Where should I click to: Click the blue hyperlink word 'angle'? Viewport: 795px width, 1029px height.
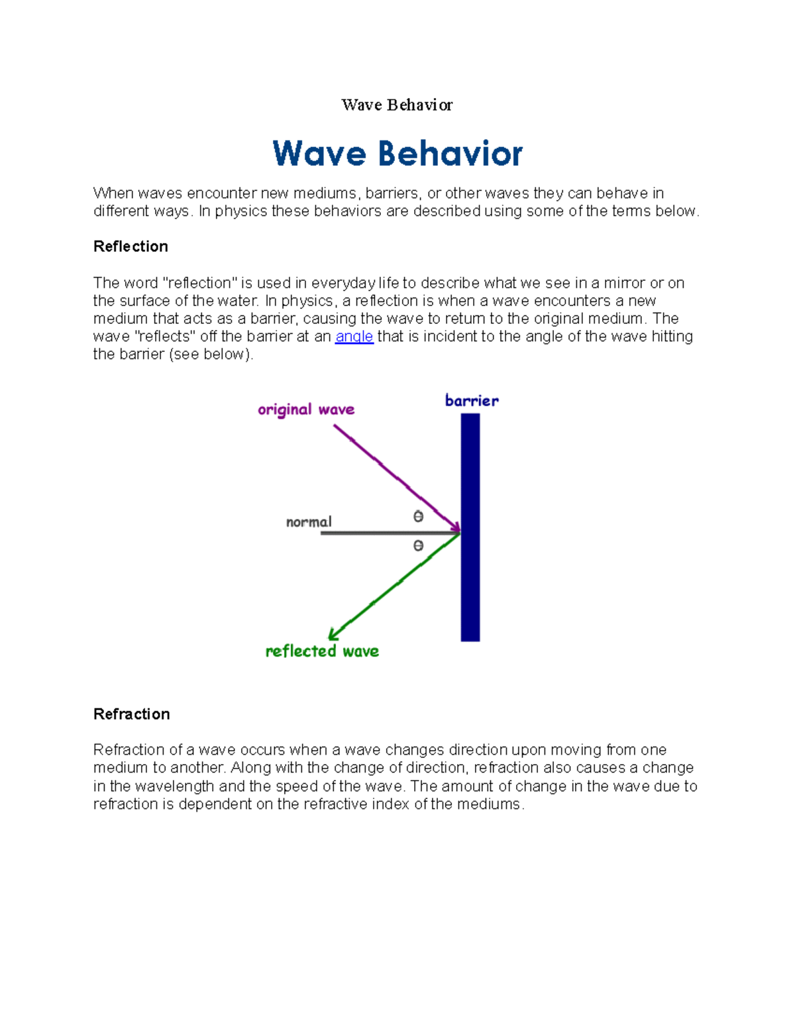[354, 337]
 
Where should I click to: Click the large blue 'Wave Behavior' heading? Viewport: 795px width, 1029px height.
[397, 154]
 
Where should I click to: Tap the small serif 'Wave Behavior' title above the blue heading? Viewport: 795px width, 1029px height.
[397, 105]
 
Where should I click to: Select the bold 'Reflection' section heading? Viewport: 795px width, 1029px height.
[131, 246]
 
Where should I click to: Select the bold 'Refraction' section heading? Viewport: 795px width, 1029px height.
[132, 714]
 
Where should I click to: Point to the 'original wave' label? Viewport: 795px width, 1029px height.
[306, 409]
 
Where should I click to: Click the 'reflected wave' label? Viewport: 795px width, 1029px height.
[322, 651]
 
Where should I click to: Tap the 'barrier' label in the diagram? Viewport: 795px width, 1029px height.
[472, 400]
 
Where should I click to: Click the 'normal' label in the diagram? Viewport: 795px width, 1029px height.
[309, 522]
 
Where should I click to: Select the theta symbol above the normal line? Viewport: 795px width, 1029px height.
[418, 516]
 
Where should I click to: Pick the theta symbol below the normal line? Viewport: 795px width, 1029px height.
[418, 545]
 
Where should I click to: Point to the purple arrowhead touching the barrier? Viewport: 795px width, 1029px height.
[454, 527]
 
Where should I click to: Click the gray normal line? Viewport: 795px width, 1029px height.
[384, 533]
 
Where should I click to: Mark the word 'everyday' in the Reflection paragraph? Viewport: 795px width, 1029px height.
[343, 283]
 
